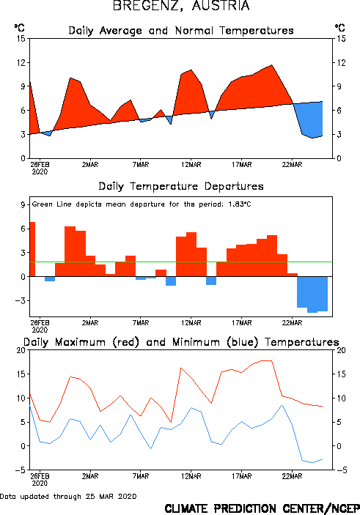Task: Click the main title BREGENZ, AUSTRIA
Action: pyautogui.click(x=181, y=6)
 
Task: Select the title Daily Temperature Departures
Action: pyautogui.click(x=181, y=186)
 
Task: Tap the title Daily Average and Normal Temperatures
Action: pyautogui.click(x=181, y=31)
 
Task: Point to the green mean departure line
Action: pyautogui.click(x=181, y=262)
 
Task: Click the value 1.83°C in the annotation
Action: pyautogui.click(x=240, y=204)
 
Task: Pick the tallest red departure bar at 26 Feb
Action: pyautogui.click(x=32, y=249)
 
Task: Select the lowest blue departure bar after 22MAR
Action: pyautogui.click(x=312, y=294)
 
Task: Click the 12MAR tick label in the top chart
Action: pyautogui.click(x=191, y=165)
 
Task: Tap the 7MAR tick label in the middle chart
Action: pyautogui.click(x=141, y=323)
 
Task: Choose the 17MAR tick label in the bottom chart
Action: pyautogui.click(x=242, y=476)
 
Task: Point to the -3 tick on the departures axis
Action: pyautogui.click(x=21, y=300)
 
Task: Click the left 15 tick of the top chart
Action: pyautogui.click(x=21, y=39)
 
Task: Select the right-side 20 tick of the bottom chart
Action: pyautogui.click(x=341, y=350)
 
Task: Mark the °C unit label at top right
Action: pyautogui.click(x=340, y=27)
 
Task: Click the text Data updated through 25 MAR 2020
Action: pyautogui.click(x=68, y=496)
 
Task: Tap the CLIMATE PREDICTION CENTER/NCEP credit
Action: pyautogui.click(x=262, y=508)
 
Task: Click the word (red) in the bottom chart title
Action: pyautogui.click(x=126, y=342)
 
